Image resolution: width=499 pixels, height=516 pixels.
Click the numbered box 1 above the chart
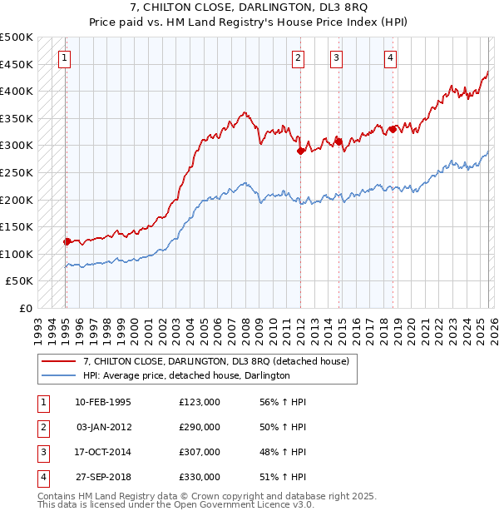65,57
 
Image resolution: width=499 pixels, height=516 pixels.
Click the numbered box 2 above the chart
298,57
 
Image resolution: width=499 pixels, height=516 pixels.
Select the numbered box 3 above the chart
336,57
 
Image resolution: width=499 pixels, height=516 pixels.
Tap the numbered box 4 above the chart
390,57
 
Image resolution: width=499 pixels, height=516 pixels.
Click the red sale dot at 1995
67,241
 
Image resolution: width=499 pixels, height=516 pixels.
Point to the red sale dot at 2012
299,151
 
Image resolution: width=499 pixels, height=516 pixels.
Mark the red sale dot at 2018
393,129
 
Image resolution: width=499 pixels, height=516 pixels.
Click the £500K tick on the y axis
17,37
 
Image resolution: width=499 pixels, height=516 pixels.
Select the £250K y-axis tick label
17,172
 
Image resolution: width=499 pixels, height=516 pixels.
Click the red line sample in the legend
58,361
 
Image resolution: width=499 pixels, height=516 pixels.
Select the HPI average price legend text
185,375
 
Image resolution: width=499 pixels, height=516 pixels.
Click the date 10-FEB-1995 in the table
103,401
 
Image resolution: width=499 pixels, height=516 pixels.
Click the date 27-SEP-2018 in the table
103,477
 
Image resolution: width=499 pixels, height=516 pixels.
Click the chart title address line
249,7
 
